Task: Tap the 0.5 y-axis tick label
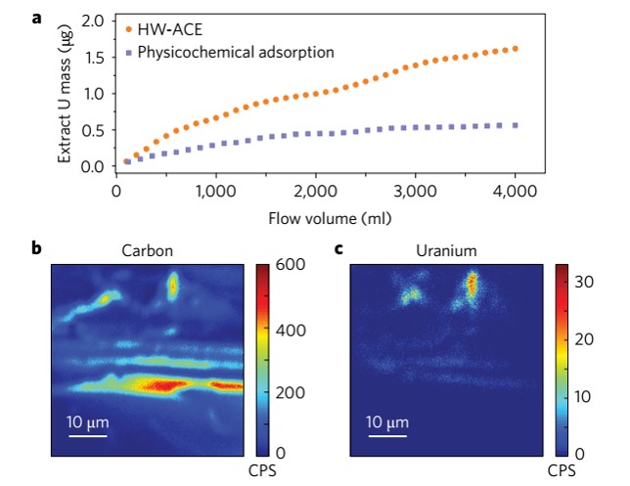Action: [92, 130]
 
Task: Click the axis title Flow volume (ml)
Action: [317, 210]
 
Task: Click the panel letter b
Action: [37, 248]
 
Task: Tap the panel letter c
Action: [338, 248]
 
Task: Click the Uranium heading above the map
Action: [445, 251]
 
